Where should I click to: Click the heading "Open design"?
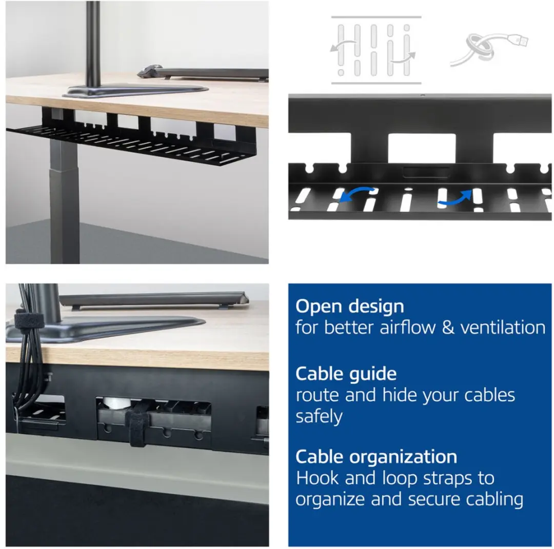(349, 307)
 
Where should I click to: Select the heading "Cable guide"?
(346, 374)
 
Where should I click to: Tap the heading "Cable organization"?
(377, 457)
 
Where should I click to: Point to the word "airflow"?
(407, 327)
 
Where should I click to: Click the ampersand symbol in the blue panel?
(448, 328)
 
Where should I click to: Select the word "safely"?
(319, 417)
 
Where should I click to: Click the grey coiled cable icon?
(489, 49)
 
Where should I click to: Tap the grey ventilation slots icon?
(376, 50)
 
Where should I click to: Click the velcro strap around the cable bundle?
(28, 320)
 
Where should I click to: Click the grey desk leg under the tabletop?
(64, 201)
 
